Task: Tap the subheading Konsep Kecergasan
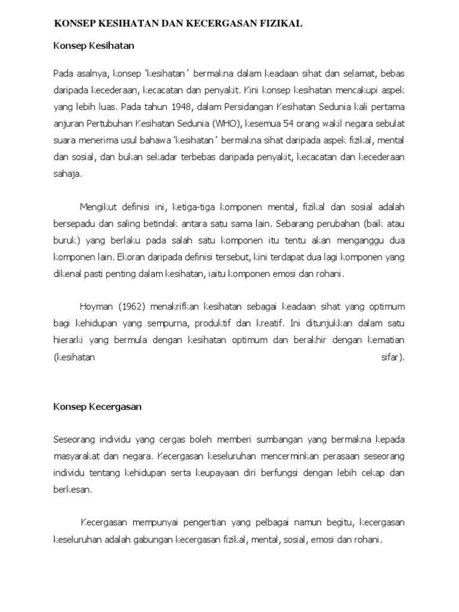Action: coord(97,407)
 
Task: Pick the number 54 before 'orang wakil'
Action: coord(292,125)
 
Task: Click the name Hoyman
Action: coord(96,307)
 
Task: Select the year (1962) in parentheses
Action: coord(132,307)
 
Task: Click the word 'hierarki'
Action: coord(70,341)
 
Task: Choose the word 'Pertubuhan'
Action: coord(112,125)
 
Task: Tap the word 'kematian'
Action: coord(384,341)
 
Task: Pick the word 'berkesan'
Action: coord(72,489)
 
